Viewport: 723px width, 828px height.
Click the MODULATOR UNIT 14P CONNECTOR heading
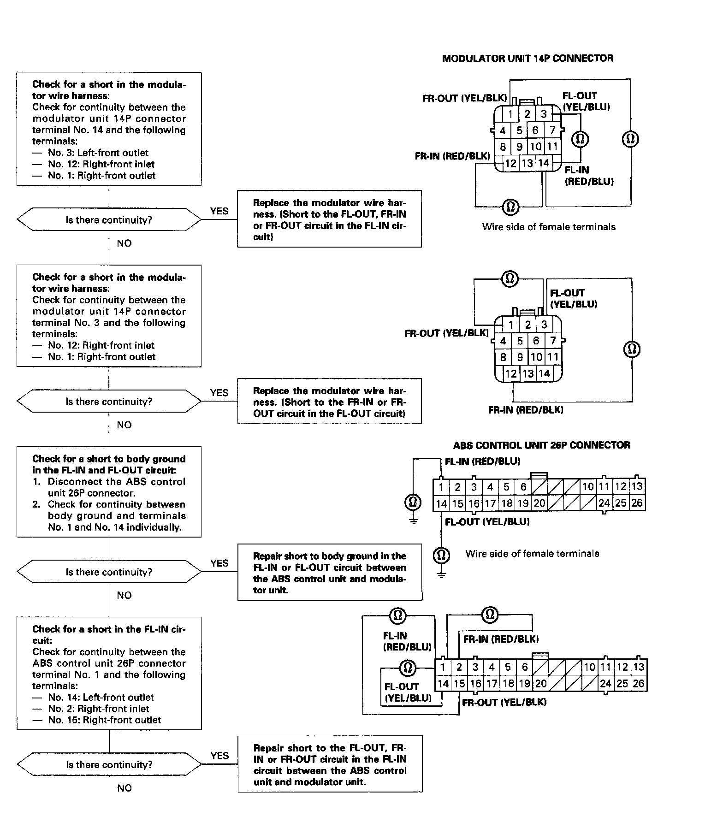click(x=527, y=59)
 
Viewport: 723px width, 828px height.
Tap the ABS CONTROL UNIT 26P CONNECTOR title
click(x=541, y=445)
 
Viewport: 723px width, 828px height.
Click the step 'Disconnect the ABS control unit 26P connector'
click(x=116, y=487)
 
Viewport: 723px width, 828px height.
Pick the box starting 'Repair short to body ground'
click(x=330, y=573)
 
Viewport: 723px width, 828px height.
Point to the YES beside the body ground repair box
click(x=219, y=563)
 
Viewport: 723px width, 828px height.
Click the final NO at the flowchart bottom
click(x=124, y=788)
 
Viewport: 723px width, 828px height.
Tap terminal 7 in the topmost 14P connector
click(x=552, y=130)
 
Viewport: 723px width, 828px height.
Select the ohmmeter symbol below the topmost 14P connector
click(x=510, y=206)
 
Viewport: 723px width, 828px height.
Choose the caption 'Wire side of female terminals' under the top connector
click(x=549, y=227)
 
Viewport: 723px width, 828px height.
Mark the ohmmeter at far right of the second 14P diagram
click(x=632, y=349)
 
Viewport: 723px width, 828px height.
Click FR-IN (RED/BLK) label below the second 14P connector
click(x=526, y=410)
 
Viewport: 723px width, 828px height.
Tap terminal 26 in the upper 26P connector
click(x=637, y=503)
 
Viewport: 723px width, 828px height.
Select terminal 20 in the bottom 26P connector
click(x=540, y=684)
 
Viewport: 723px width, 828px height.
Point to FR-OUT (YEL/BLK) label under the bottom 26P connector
click(x=504, y=703)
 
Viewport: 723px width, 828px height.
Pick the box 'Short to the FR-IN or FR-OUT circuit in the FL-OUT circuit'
click(x=329, y=402)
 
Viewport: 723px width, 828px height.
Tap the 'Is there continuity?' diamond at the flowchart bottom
click(x=109, y=765)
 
